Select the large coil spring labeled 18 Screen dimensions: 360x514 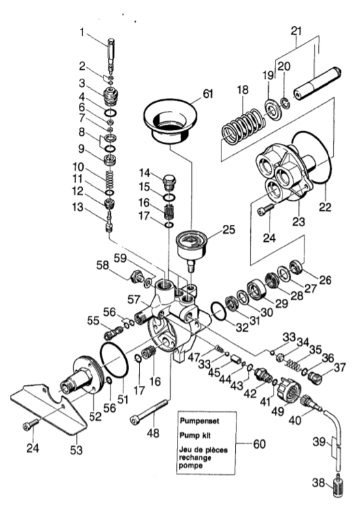[243, 126]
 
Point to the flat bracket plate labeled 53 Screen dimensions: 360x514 [49, 410]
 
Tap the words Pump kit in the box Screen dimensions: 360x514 [195, 435]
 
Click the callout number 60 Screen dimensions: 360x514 [259, 444]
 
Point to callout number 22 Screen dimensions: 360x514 [324, 207]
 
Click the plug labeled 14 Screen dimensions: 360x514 [169, 183]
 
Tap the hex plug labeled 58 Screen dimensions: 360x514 [136, 277]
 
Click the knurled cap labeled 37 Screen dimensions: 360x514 [315, 377]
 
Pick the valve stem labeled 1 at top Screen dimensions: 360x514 [111, 55]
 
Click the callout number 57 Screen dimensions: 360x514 [134, 299]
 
